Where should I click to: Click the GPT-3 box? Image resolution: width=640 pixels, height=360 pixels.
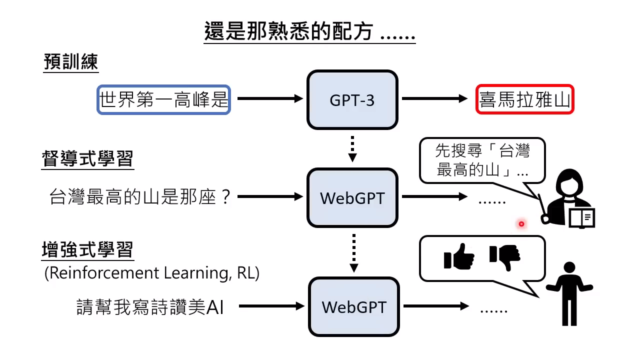tap(352, 100)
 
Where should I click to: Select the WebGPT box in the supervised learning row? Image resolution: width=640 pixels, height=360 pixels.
tap(352, 198)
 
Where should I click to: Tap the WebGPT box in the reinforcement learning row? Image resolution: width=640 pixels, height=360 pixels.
tap(354, 306)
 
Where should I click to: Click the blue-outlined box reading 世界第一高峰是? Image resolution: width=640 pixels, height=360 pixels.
tap(163, 100)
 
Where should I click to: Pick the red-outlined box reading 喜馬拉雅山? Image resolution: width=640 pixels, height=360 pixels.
tap(524, 100)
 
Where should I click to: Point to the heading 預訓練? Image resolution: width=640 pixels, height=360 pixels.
tap(70, 63)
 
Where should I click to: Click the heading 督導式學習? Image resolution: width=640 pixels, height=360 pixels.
tap(87, 159)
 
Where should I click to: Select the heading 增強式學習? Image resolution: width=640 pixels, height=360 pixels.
tap(87, 250)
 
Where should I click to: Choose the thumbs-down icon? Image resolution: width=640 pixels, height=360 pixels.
tap(505, 257)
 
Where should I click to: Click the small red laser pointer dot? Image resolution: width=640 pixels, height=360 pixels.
tap(521, 224)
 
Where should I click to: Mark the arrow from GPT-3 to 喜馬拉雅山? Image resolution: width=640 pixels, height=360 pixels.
tap(435, 99)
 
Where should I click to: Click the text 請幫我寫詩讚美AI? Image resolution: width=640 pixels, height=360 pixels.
tap(150, 306)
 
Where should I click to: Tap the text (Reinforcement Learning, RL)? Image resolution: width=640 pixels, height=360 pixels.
tap(151, 273)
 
